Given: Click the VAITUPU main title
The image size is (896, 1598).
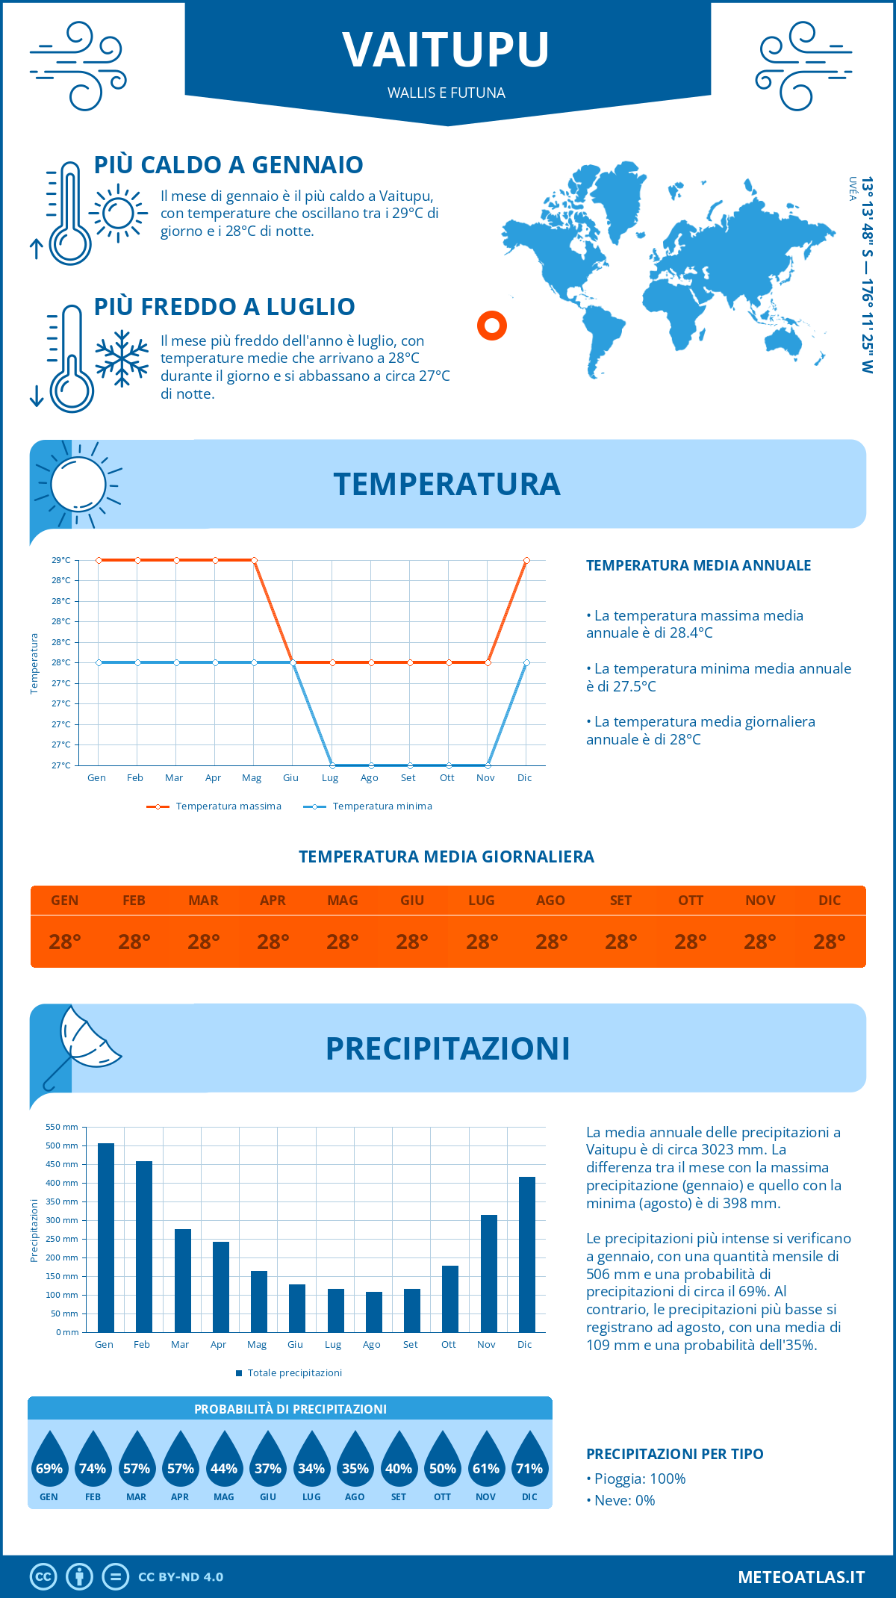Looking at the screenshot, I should pos(447,50).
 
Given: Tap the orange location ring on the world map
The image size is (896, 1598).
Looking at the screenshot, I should pos(492,326).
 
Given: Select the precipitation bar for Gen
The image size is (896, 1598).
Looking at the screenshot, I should pos(105,1237).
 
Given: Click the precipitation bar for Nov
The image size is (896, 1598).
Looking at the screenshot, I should pos(488,1273).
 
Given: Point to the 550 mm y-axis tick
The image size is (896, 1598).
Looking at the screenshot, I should pos(62,1127).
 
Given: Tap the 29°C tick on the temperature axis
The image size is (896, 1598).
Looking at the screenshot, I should pos(61,560).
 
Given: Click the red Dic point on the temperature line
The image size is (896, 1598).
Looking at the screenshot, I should pos(526,560).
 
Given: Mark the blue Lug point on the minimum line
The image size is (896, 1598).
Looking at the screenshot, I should pos(332,765).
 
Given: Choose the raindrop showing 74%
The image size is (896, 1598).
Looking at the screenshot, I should pos(93,1464).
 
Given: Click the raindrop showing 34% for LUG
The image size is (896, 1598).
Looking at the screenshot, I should pos(311,1464).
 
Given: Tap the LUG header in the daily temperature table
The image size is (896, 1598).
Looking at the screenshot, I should pos(482,901).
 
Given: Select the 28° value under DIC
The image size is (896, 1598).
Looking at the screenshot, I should pos(830,942).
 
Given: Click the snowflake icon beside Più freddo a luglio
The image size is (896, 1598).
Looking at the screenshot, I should pos(122,358).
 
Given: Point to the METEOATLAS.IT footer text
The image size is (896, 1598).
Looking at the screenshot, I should pos(801,1577).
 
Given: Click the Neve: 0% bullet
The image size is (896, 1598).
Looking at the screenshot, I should pos(620,1501).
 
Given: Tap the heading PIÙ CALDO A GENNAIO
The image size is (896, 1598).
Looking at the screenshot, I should pos(228,165).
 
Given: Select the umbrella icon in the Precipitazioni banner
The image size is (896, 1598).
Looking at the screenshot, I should pos(82,1045).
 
